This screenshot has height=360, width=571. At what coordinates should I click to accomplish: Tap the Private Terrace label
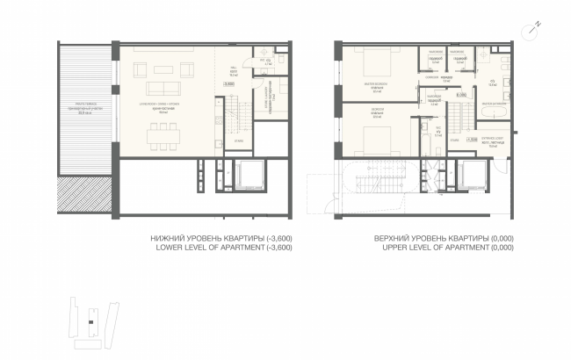click(x=87, y=110)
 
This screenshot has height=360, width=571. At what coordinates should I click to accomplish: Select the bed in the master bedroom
click(x=376, y=65)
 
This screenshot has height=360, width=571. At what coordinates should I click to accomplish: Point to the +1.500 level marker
click(x=472, y=139)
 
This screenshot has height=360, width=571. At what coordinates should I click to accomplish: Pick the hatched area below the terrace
click(x=87, y=194)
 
